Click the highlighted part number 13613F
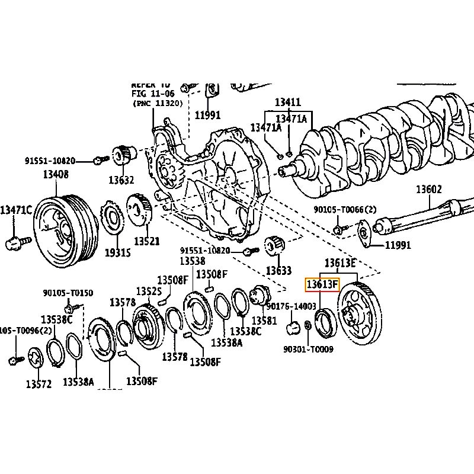pyautogui.click(x=321, y=285)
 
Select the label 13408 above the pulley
pyautogui.click(x=55, y=174)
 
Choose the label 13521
pyautogui.click(x=146, y=241)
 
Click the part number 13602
pyautogui.click(x=428, y=190)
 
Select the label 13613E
pyautogui.click(x=340, y=263)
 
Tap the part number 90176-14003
pyautogui.click(x=292, y=306)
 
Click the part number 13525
pyautogui.click(x=149, y=292)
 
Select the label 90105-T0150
pyautogui.click(x=68, y=293)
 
